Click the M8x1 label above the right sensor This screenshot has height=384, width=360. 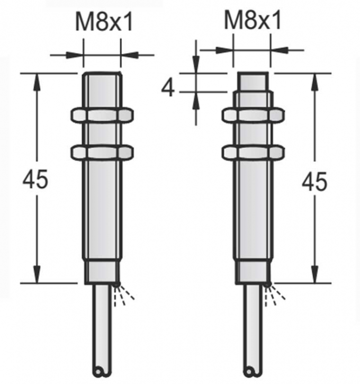coord(253,22)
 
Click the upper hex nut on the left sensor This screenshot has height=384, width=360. coord(102,115)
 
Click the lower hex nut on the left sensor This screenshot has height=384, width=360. coord(102,151)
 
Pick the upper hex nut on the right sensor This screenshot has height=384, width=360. coord(252,115)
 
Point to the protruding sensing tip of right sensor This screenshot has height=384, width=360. coord(252,82)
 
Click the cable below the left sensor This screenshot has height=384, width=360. coord(102,328)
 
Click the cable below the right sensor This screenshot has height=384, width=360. coord(252,328)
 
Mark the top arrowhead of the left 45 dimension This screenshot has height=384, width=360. coord(37,79)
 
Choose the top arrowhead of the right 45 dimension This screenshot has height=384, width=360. coord(315,79)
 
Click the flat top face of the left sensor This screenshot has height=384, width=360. coord(102,74)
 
